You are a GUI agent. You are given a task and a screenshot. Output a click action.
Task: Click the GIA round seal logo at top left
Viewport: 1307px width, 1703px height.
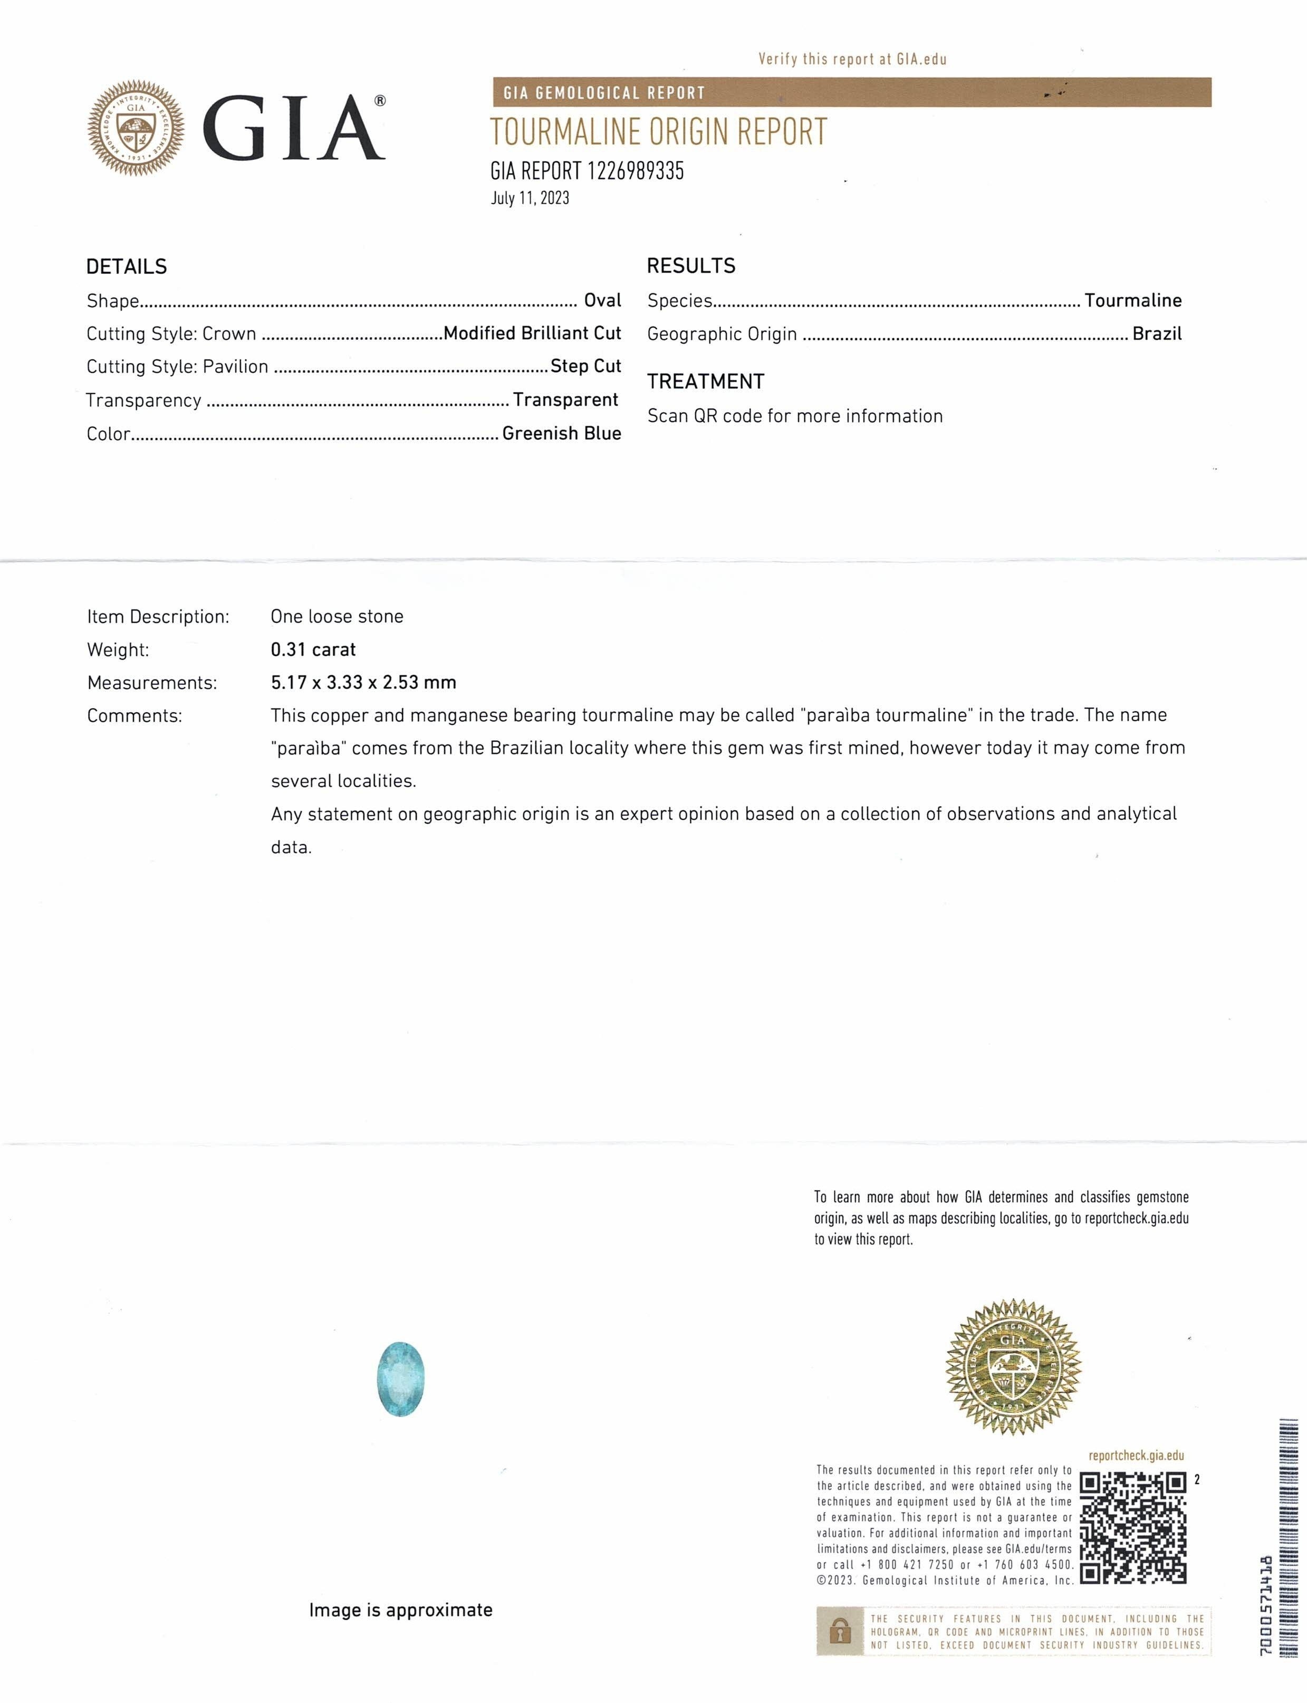[136, 128]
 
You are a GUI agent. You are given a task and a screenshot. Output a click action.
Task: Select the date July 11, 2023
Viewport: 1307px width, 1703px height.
[530, 198]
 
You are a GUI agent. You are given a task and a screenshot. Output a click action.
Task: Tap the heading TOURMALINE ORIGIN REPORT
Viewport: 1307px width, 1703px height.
[658, 132]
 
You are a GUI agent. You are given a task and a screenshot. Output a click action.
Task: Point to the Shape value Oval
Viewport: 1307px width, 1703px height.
[602, 300]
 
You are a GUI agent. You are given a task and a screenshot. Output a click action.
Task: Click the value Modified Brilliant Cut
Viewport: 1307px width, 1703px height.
[532, 333]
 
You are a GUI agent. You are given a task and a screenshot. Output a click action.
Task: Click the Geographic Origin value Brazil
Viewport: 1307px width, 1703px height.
[1156, 334]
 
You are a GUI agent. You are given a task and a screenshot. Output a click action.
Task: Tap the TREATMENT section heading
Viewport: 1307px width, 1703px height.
[706, 381]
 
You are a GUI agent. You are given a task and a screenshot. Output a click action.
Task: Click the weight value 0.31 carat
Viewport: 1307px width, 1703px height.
[313, 649]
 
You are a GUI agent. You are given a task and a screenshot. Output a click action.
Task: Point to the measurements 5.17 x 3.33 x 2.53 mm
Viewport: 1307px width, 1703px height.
[363, 682]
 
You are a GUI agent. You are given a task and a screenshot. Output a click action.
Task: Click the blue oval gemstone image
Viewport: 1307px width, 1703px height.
[401, 1379]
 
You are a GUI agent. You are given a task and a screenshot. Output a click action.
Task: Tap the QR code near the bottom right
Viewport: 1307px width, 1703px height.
[1133, 1528]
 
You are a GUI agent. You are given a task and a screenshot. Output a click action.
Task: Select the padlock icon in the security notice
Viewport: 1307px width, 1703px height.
[840, 1631]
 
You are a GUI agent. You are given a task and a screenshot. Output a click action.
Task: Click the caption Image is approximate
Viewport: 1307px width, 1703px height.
[401, 1610]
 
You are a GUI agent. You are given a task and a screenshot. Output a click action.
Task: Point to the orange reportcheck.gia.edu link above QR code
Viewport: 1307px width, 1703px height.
[1136, 1455]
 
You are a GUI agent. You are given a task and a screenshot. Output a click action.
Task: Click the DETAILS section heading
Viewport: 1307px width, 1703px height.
[126, 267]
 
